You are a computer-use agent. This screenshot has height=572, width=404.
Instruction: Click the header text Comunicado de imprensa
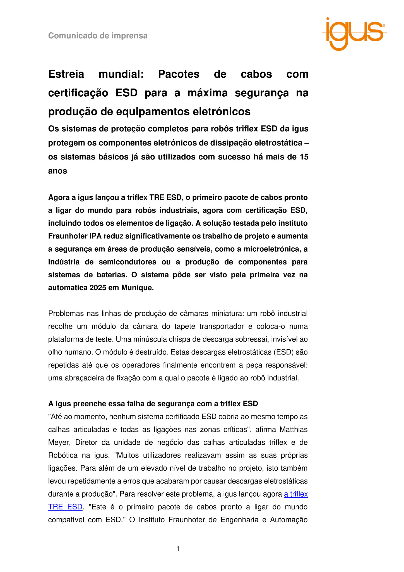[x=98, y=36]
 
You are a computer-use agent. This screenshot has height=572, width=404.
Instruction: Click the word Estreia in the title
[x=66, y=74]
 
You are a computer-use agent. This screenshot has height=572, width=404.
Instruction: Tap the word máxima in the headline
[x=208, y=93]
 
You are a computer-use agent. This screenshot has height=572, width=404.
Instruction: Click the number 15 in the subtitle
[x=304, y=157]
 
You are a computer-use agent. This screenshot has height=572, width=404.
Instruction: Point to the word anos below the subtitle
[x=57, y=171]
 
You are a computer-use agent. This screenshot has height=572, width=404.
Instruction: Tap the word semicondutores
[x=128, y=262]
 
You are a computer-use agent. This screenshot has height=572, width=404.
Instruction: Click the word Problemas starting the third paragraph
[x=66, y=314]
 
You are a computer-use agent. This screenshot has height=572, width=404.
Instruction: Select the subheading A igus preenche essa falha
[x=153, y=404]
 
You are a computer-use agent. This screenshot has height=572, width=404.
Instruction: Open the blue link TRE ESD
[x=65, y=507]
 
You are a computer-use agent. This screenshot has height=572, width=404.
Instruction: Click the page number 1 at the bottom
[x=178, y=549]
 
